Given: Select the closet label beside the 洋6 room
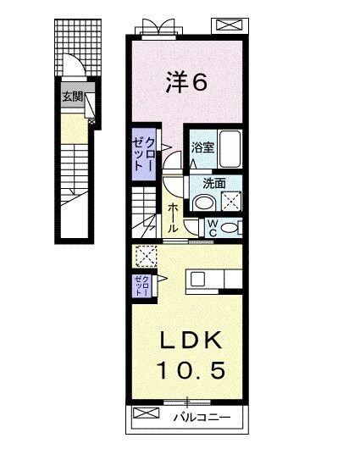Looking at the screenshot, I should click(x=145, y=154).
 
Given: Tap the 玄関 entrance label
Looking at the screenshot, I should click(x=71, y=96).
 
